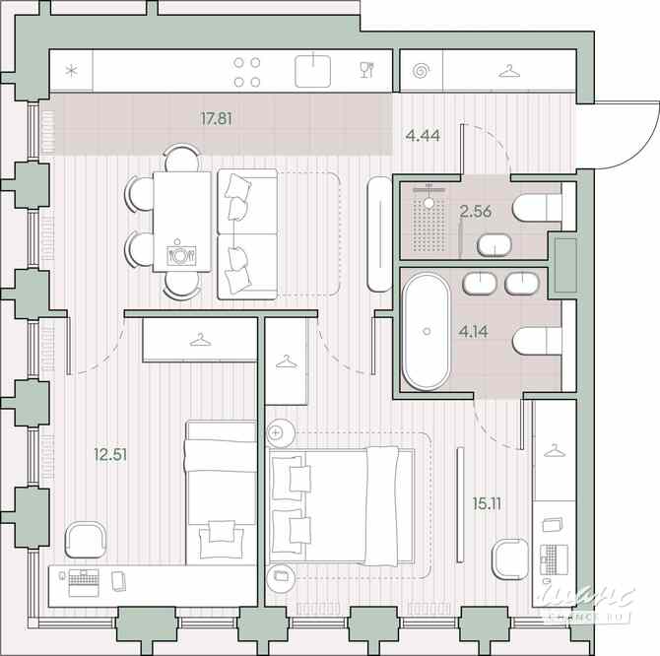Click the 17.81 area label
coord(216,119)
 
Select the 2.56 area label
coord(476,210)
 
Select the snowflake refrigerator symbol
coord(71,71)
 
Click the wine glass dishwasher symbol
coord(366,70)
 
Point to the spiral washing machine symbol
coord(422,71)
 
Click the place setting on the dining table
coord(181,254)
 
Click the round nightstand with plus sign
coord(276,432)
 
